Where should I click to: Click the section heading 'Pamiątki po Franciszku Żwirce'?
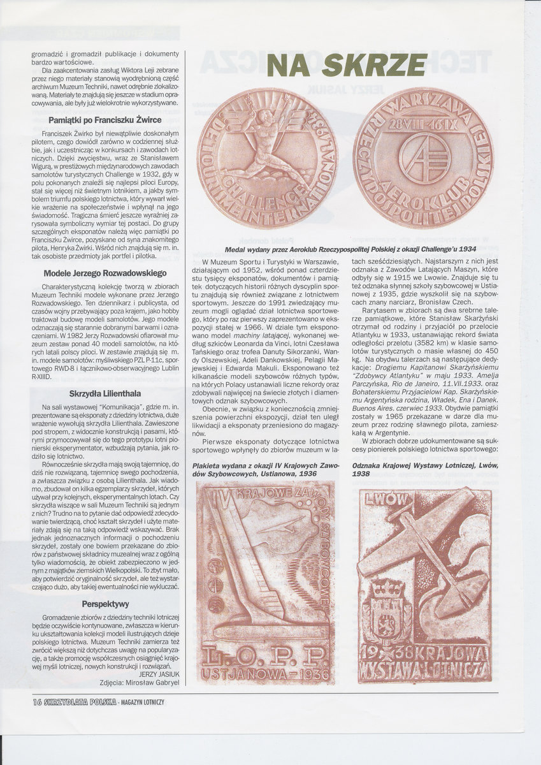pyautogui.click(x=105, y=119)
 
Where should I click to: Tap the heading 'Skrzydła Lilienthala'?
pyautogui.click(x=105, y=393)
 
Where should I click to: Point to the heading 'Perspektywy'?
pyautogui.click(x=105, y=603)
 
